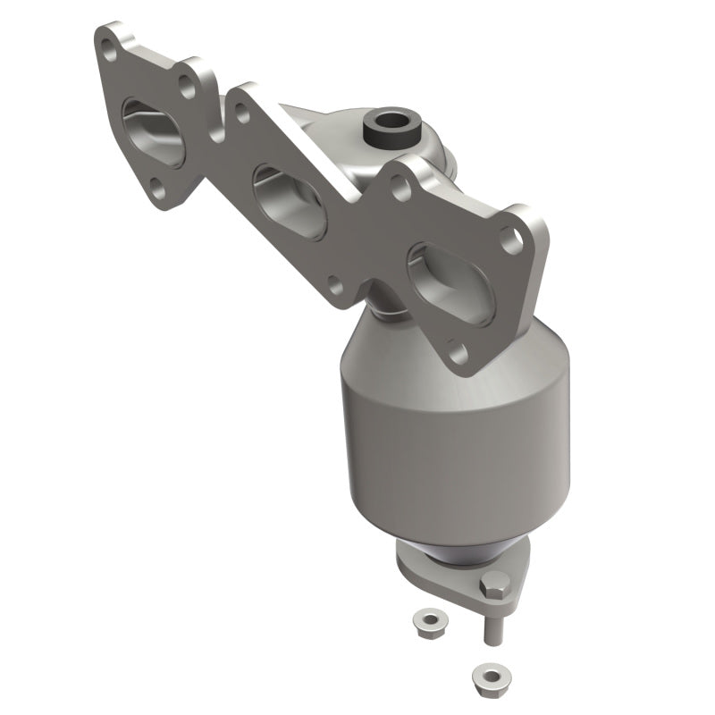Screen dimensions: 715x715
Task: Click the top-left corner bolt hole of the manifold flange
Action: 108,42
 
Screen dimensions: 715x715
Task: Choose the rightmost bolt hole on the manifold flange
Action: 510,236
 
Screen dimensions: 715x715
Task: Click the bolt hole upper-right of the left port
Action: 188,87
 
